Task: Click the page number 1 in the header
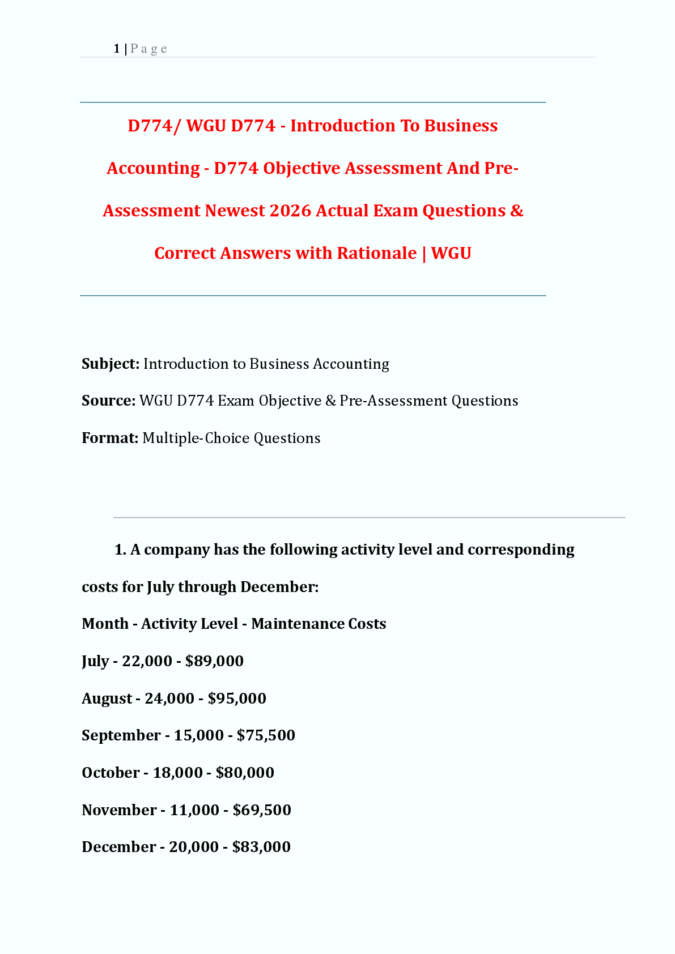tap(116, 49)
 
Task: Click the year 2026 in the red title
tap(290, 211)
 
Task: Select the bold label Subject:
tap(111, 364)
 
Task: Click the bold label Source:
tap(108, 401)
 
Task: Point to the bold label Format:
tap(110, 438)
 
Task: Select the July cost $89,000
tap(214, 661)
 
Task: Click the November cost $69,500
tap(262, 810)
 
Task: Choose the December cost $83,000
tap(261, 847)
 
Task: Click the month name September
tap(121, 735)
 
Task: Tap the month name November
tap(119, 810)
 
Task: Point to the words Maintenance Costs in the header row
tap(319, 624)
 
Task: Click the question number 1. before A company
tap(120, 550)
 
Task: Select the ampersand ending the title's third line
tap(516, 211)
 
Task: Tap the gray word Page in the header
tap(148, 49)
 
